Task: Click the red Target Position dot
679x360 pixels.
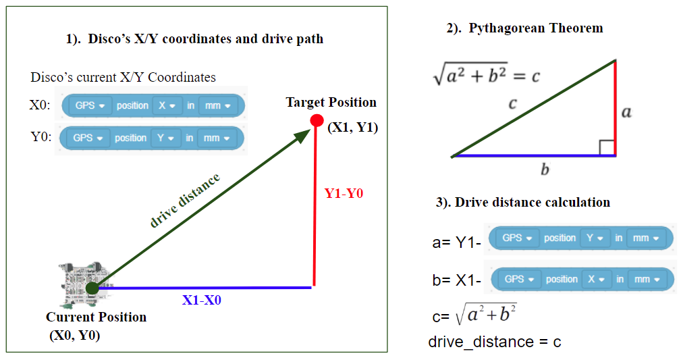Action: [316, 121]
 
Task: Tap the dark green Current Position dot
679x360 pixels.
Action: [92, 288]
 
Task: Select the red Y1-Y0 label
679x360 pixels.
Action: [344, 193]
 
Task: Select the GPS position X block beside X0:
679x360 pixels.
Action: [153, 106]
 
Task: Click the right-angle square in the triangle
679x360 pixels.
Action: [607, 148]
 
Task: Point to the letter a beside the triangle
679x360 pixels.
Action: [626, 111]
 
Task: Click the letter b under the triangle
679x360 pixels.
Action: [545, 170]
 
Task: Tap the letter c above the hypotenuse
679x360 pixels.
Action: [512, 103]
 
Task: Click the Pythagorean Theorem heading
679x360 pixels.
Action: [524, 28]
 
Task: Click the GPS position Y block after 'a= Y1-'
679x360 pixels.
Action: [580, 238]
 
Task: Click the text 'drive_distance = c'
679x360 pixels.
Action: [494, 342]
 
